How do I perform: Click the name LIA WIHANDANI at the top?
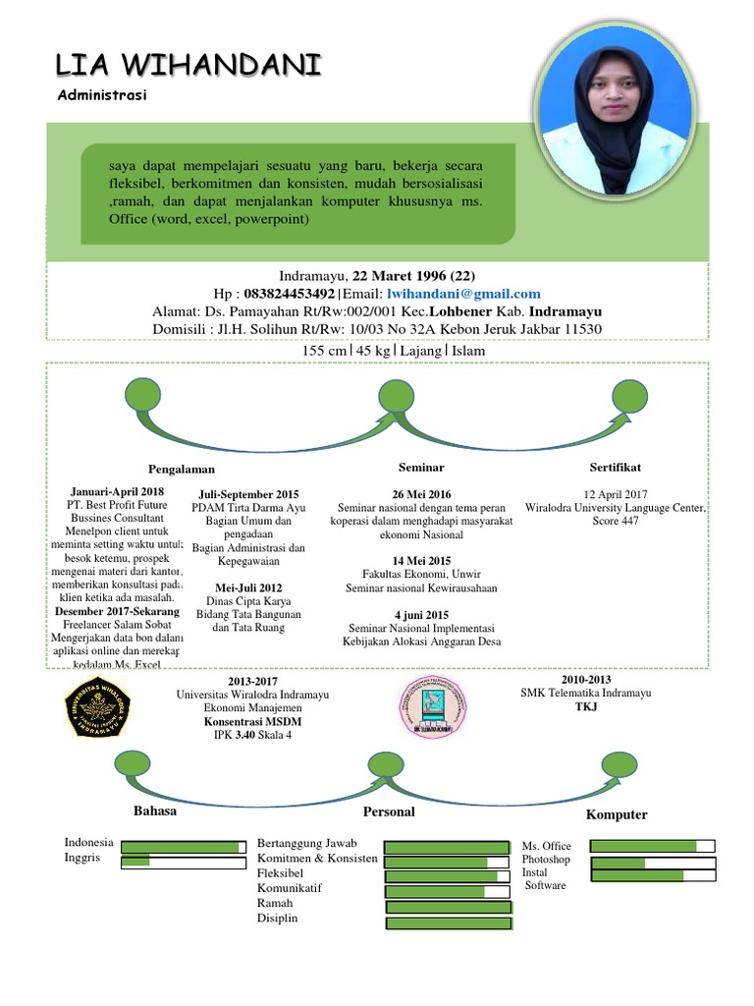[188, 66]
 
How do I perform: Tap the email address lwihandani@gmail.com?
[463, 294]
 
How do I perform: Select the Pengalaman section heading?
[182, 469]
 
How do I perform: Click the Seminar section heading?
[421, 467]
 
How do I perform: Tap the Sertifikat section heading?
[616, 467]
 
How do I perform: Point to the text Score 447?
[616, 521]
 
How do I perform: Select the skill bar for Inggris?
[183, 863]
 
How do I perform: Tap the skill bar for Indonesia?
[183, 846]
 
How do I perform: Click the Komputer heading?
[617, 814]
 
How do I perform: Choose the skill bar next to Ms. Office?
[652, 846]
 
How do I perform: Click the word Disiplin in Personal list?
[277, 918]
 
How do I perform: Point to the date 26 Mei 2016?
[421, 493]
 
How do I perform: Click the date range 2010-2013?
[586, 680]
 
